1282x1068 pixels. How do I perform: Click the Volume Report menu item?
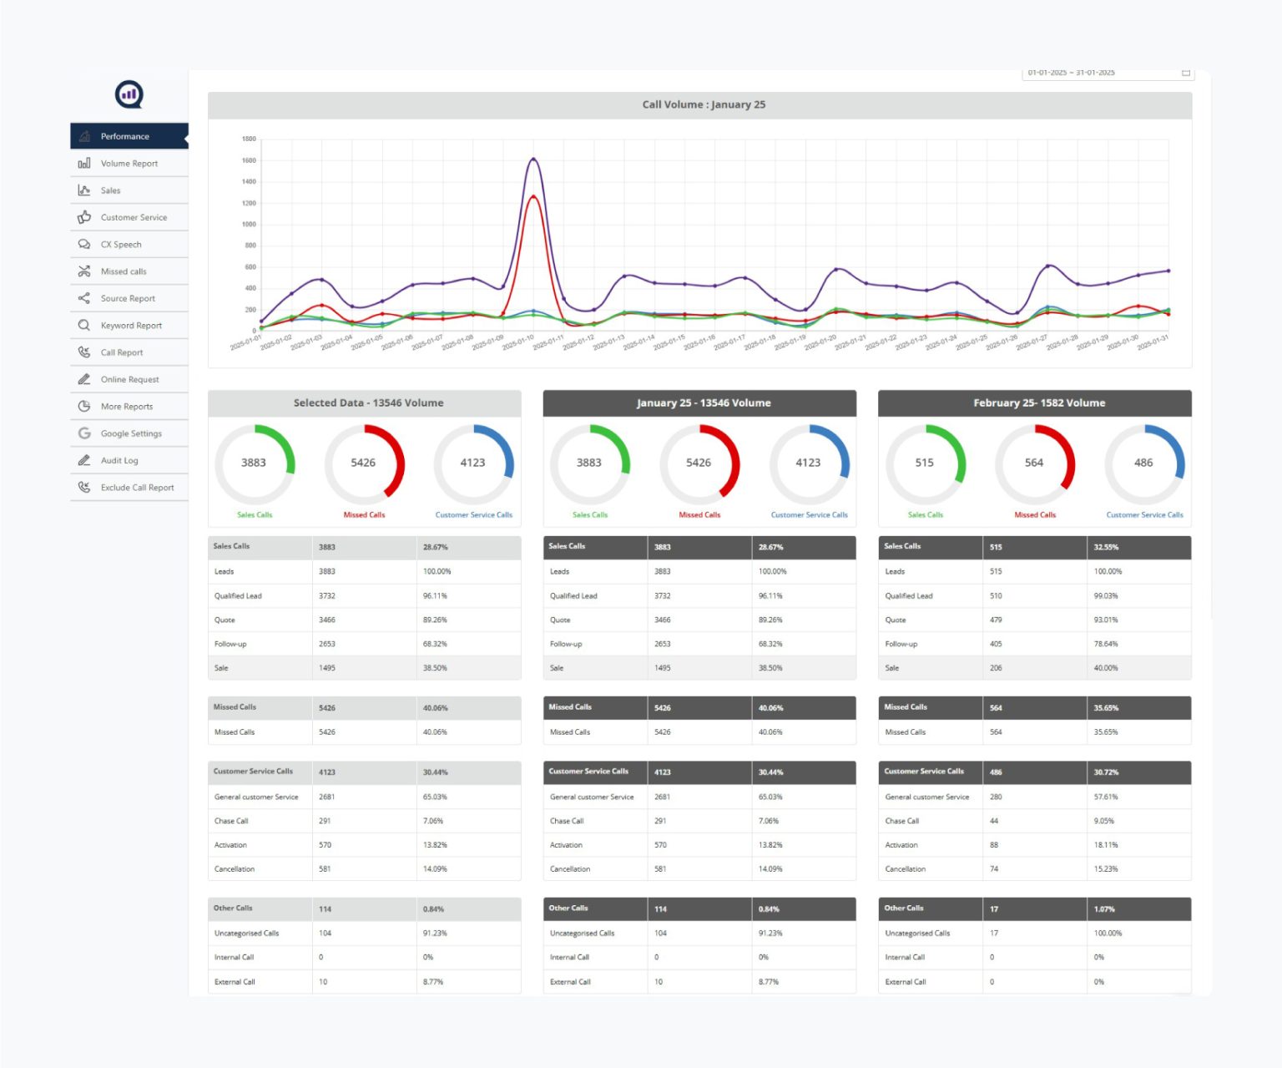pyautogui.click(x=129, y=164)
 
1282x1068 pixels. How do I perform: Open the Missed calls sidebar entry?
pyautogui.click(x=123, y=271)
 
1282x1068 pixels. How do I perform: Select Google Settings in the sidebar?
pyautogui.click(x=131, y=433)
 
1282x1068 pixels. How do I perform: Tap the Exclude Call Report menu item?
pyautogui.click(x=137, y=488)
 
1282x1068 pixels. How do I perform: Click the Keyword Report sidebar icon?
pyautogui.click(x=84, y=326)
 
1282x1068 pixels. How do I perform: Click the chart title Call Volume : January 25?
pyautogui.click(x=703, y=104)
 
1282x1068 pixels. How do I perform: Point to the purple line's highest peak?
pyautogui.click(x=533, y=159)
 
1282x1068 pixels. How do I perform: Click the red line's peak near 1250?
pyautogui.click(x=532, y=196)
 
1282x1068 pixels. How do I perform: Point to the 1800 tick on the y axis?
pyautogui.click(x=249, y=139)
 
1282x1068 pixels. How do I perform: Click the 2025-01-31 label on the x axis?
pyautogui.click(x=1153, y=342)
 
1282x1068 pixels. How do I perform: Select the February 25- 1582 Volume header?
pyautogui.click(x=1038, y=402)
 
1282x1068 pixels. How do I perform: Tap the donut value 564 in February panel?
pyautogui.click(x=1033, y=463)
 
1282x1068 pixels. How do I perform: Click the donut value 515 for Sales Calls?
pyautogui.click(x=924, y=463)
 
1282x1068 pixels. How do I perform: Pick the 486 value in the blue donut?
pyautogui.click(x=1143, y=463)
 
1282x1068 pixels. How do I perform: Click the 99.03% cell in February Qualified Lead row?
pyautogui.click(x=1105, y=596)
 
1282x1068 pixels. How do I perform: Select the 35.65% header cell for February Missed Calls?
pyautogui.click(x=1106, y=708)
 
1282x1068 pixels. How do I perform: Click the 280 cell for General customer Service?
pyautogui.click(x=996, y=797)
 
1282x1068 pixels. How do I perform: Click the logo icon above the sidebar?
pyautogui.click(x=129, y=94)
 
